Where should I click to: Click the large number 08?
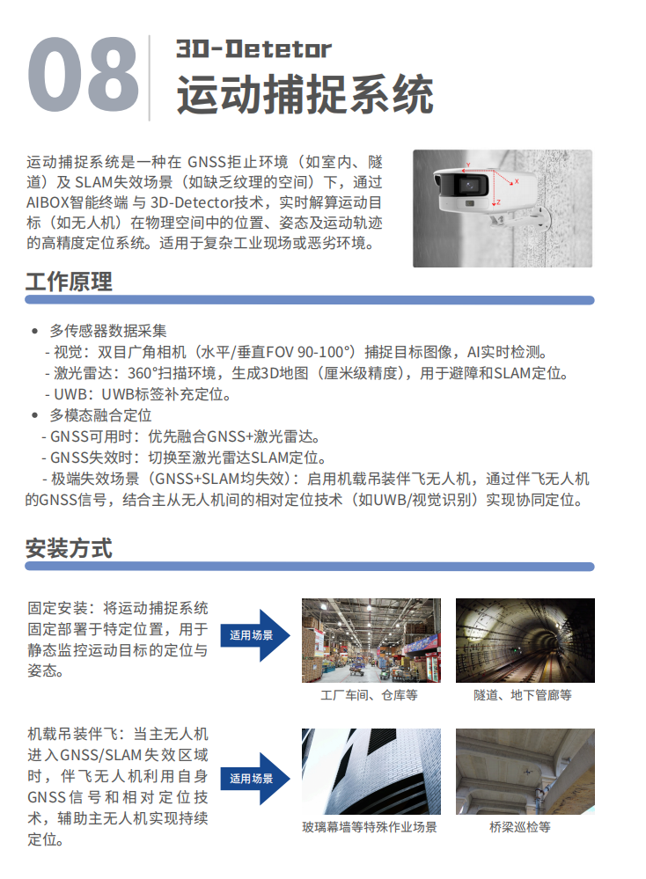(83, 74)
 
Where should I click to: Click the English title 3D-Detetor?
(253, 48)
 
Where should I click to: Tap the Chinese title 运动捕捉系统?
(305, 94)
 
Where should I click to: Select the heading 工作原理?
(69, 282)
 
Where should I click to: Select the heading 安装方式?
(69, 548)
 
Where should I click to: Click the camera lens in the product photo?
(468, 185)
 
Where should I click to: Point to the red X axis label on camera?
(517, 181)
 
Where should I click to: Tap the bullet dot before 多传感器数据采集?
(35, 332)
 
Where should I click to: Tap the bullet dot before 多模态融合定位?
(35, 415)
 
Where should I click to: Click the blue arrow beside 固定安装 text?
(255, 635)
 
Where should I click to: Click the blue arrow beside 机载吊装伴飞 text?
(255, 779)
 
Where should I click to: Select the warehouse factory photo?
(371, 641)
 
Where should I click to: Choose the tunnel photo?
(525, 641)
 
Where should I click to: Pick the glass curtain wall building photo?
(371, 772)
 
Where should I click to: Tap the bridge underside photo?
(525, 772)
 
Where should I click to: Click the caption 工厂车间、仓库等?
(369, 696)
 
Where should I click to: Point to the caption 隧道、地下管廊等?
(523, 696)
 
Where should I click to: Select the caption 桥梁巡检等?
(520, 827)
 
